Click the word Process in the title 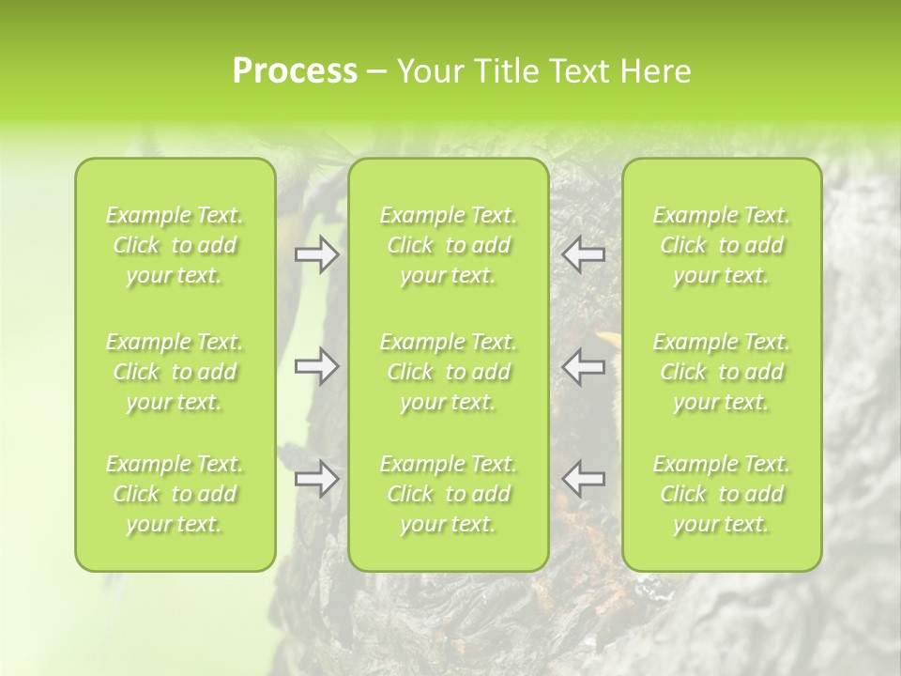pos(295,71)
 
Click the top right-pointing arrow pos(316,253)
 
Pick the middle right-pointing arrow pos(316,367)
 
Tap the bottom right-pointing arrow pos(316,479)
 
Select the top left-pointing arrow pos(584,253)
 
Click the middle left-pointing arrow pos(584,367)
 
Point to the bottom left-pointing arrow pos(584,479)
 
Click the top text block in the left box pos(175,245)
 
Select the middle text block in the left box pos(175,372)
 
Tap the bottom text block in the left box pos(175,494)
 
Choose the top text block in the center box pos(449,245)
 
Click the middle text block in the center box pos(449,372)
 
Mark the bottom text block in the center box pos(449,494)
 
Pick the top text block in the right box pos(722,245)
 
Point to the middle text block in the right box pos(722,372)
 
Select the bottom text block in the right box pos(722,494)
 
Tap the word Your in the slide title pos(427,71)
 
